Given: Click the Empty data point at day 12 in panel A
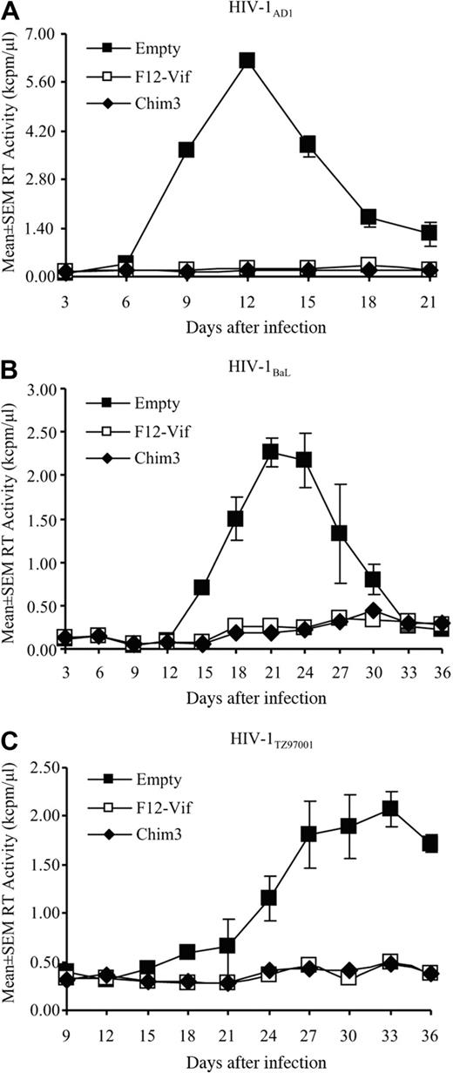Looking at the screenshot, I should click(x=247, y=60).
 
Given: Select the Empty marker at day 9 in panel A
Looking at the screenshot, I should click(x=186, y=150).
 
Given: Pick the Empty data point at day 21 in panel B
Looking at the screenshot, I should click(x=270, y=451).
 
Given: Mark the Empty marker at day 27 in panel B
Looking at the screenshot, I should click(x=339, y=533).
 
